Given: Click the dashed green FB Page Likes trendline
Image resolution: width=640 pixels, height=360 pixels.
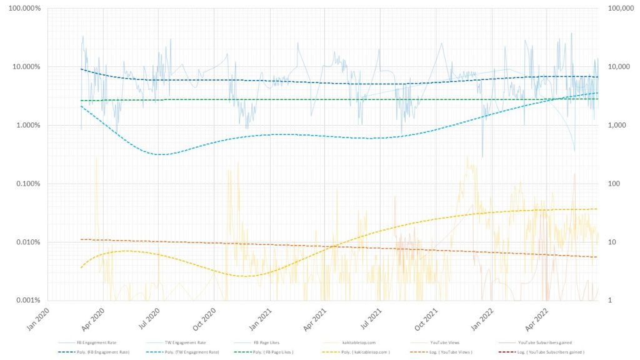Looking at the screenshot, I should (x=312, y=99).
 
